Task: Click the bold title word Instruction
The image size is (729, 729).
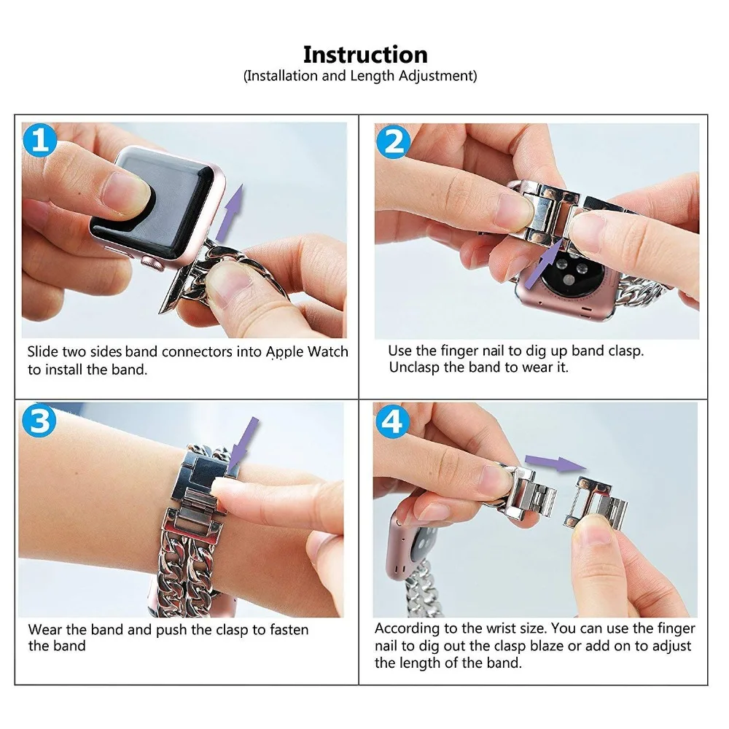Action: [x=365, y=55]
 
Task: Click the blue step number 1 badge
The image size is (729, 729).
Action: [x=39, y=139]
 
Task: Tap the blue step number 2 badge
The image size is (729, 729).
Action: [x=394, y=142]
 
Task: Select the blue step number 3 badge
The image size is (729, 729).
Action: [x=39, y=421]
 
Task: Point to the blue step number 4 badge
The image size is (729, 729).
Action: [x=392, y=421]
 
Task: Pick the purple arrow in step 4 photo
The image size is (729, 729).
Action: [x=556, y=463]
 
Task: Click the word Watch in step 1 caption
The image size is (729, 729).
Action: [x=328, y=352]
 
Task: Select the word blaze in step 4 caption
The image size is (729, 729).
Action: [x=547, y=646]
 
